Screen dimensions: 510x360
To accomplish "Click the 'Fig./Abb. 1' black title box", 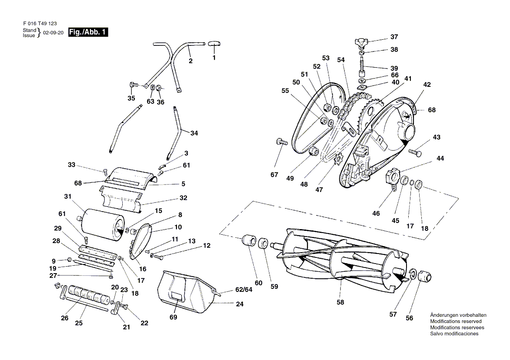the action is tap(88, 32).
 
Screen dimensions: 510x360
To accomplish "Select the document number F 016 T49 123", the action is tap(40, 24).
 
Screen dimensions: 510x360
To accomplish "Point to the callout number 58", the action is tap(340, 302).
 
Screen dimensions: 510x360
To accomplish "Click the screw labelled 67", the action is tap(282, 142).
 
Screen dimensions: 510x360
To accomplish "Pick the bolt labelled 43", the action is tap(415, 152).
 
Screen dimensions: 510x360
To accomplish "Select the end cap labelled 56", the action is tap(424, 276).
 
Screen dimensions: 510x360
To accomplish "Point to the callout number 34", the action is tap(194, 133).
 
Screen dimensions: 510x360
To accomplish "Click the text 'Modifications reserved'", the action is tap(456, 321).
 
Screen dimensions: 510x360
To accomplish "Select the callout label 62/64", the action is tap(244, 289).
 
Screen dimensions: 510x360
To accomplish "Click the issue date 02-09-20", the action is tap(53, 33).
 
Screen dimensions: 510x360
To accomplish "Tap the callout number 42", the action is tap(427, 85).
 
